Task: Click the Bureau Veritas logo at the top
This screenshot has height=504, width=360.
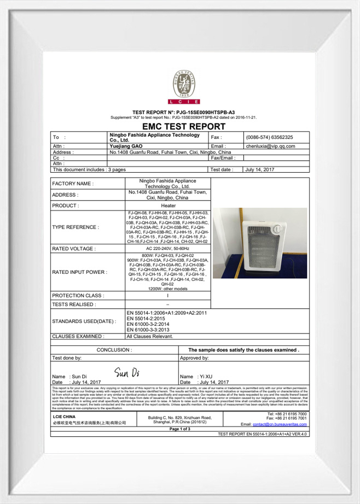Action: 184,87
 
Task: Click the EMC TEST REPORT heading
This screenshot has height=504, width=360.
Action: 180,126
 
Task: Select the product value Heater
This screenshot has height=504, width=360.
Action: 168,206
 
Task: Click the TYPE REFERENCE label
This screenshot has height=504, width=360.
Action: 76,227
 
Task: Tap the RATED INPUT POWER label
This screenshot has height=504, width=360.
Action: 79,272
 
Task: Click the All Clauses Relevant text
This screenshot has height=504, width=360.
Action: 149,336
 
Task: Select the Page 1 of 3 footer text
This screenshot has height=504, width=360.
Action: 179,429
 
